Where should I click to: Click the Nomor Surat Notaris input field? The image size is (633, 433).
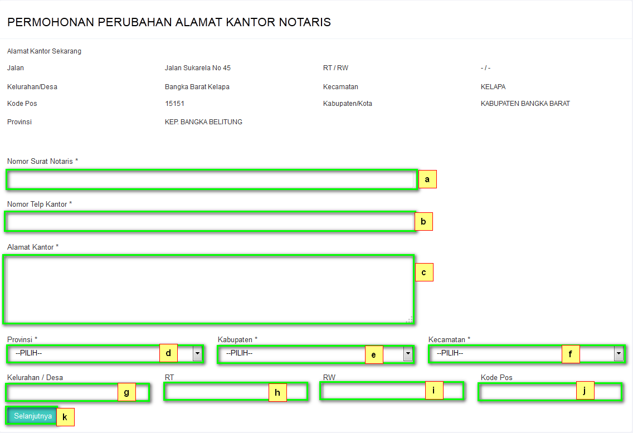[212, 180]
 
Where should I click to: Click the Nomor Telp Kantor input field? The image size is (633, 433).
[210, 222]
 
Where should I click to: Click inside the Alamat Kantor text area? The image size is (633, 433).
[208, 289]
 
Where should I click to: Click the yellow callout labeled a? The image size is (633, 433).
[427, 179]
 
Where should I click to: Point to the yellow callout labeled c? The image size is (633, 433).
[424, 272]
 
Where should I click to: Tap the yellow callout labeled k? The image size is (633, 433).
[65, 417]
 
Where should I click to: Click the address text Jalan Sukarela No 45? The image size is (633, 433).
[198, 68]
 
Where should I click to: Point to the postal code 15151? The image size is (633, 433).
[174, 104]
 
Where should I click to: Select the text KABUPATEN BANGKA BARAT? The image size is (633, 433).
[525, 104]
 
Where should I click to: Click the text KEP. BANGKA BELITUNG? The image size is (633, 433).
[203, 122]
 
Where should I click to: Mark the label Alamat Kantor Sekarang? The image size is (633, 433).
[44, 51]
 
